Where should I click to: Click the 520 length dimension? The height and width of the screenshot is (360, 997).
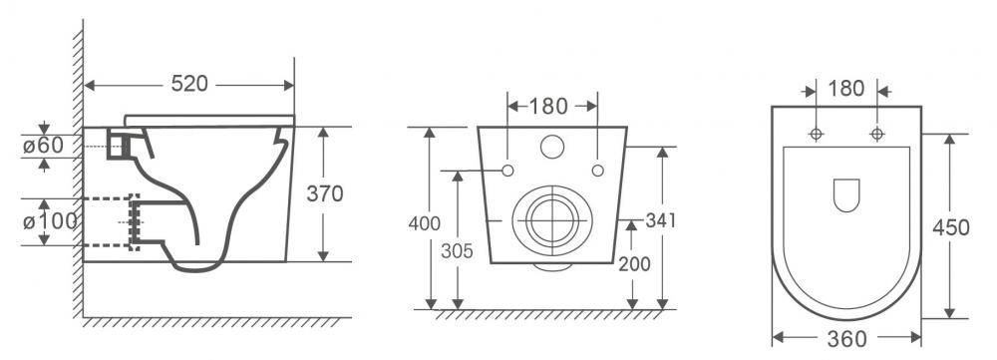tap(189, 84)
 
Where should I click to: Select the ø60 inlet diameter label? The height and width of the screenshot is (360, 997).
tap(43, 146)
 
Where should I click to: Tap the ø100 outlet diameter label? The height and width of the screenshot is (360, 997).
tap(50, 221)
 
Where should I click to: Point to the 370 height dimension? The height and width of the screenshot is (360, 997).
tap(325, 193)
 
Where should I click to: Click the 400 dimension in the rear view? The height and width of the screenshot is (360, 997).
tap(424, 224)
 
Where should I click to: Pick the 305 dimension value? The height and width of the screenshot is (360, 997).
tap(458, 251)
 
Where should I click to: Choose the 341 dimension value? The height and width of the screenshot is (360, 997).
tap(661, 220)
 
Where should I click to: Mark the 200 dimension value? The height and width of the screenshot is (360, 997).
tap(634, 263)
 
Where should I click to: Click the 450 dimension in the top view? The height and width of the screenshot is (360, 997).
tap(951, 227)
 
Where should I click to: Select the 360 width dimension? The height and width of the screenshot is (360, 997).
tap(846, 340)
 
